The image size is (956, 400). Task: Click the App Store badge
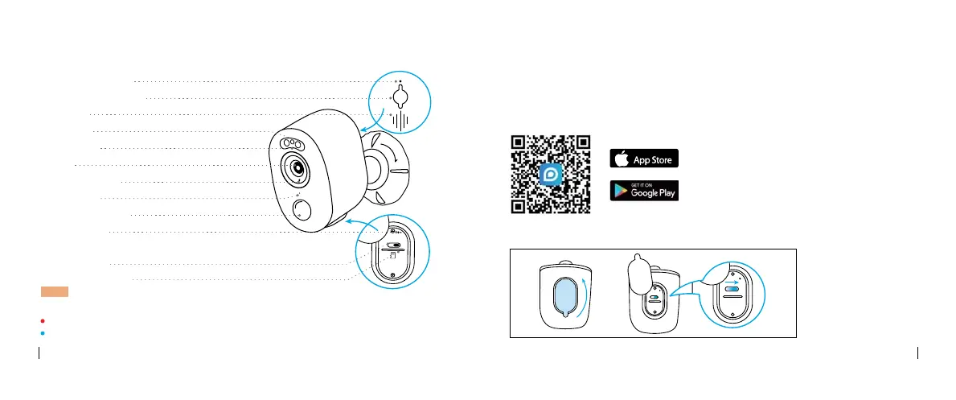(644, 159)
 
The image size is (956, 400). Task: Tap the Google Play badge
(644, 191)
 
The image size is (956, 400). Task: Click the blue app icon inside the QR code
(550, 175)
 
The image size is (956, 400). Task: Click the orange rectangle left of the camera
(55, 291)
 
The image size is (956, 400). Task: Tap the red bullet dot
(43, 320)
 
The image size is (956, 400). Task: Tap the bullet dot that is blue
(43, 333)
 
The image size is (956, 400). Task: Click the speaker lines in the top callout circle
(400, 121)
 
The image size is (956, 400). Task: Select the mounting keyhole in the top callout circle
(400, 97)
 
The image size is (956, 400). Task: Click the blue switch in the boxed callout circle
(732, 290)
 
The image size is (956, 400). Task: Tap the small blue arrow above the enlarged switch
(732, 282)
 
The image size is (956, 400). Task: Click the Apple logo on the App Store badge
(622, 159)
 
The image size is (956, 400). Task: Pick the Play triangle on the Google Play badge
(622, 191)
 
